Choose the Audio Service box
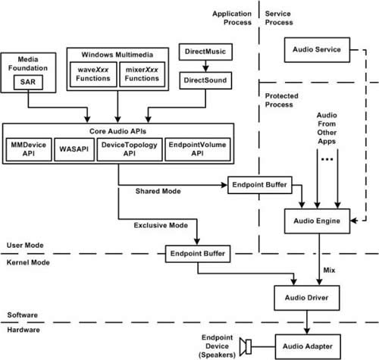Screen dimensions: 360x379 click(312, 50)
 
